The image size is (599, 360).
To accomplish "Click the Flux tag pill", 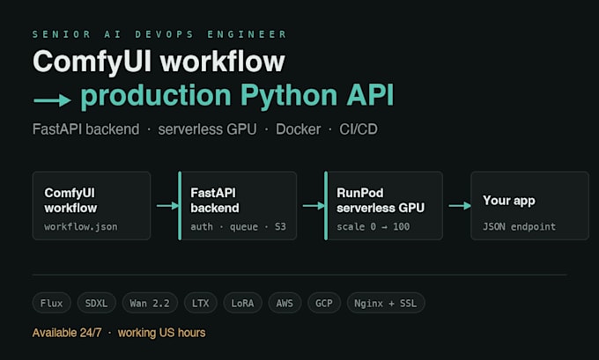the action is click(x=52, y=303).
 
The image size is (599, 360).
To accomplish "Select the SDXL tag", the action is click(x=96, y=303).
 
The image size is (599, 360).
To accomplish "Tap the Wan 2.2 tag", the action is click(x=150, y=303).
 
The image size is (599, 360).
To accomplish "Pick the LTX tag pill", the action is click(x=201, y=303).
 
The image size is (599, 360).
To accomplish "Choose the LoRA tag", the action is click(x=242, y=303).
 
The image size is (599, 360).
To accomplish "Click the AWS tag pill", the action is click(x=285, y=303).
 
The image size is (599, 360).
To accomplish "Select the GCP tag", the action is click(x=324, y=303).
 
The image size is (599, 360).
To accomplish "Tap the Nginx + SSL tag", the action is click(x=386, y=303).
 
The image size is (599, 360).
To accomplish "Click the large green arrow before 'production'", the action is click(x=52, y=101).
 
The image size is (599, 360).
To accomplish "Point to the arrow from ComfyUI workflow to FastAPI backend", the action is click(x=167, y=206).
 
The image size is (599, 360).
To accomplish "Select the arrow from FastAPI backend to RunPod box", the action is click(x=314, y=206).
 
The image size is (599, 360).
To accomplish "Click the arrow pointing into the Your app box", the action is click(x=460, y=206).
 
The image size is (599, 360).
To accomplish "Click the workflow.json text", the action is click(x=81, y=227).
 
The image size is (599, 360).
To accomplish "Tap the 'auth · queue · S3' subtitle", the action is click(x=239, y=227).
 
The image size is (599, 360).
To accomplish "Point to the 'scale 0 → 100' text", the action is click(x=373, y=227).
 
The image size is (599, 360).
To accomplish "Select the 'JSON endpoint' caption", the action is click(x=519, y=227).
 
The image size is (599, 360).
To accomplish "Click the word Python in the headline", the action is click(x=289, y=95).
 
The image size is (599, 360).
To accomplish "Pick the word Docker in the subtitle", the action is click(x=299, y=129).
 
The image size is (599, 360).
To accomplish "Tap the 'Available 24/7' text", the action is click(x=67, y=333).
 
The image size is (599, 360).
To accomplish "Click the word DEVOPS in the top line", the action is click(x=164, y=34).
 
